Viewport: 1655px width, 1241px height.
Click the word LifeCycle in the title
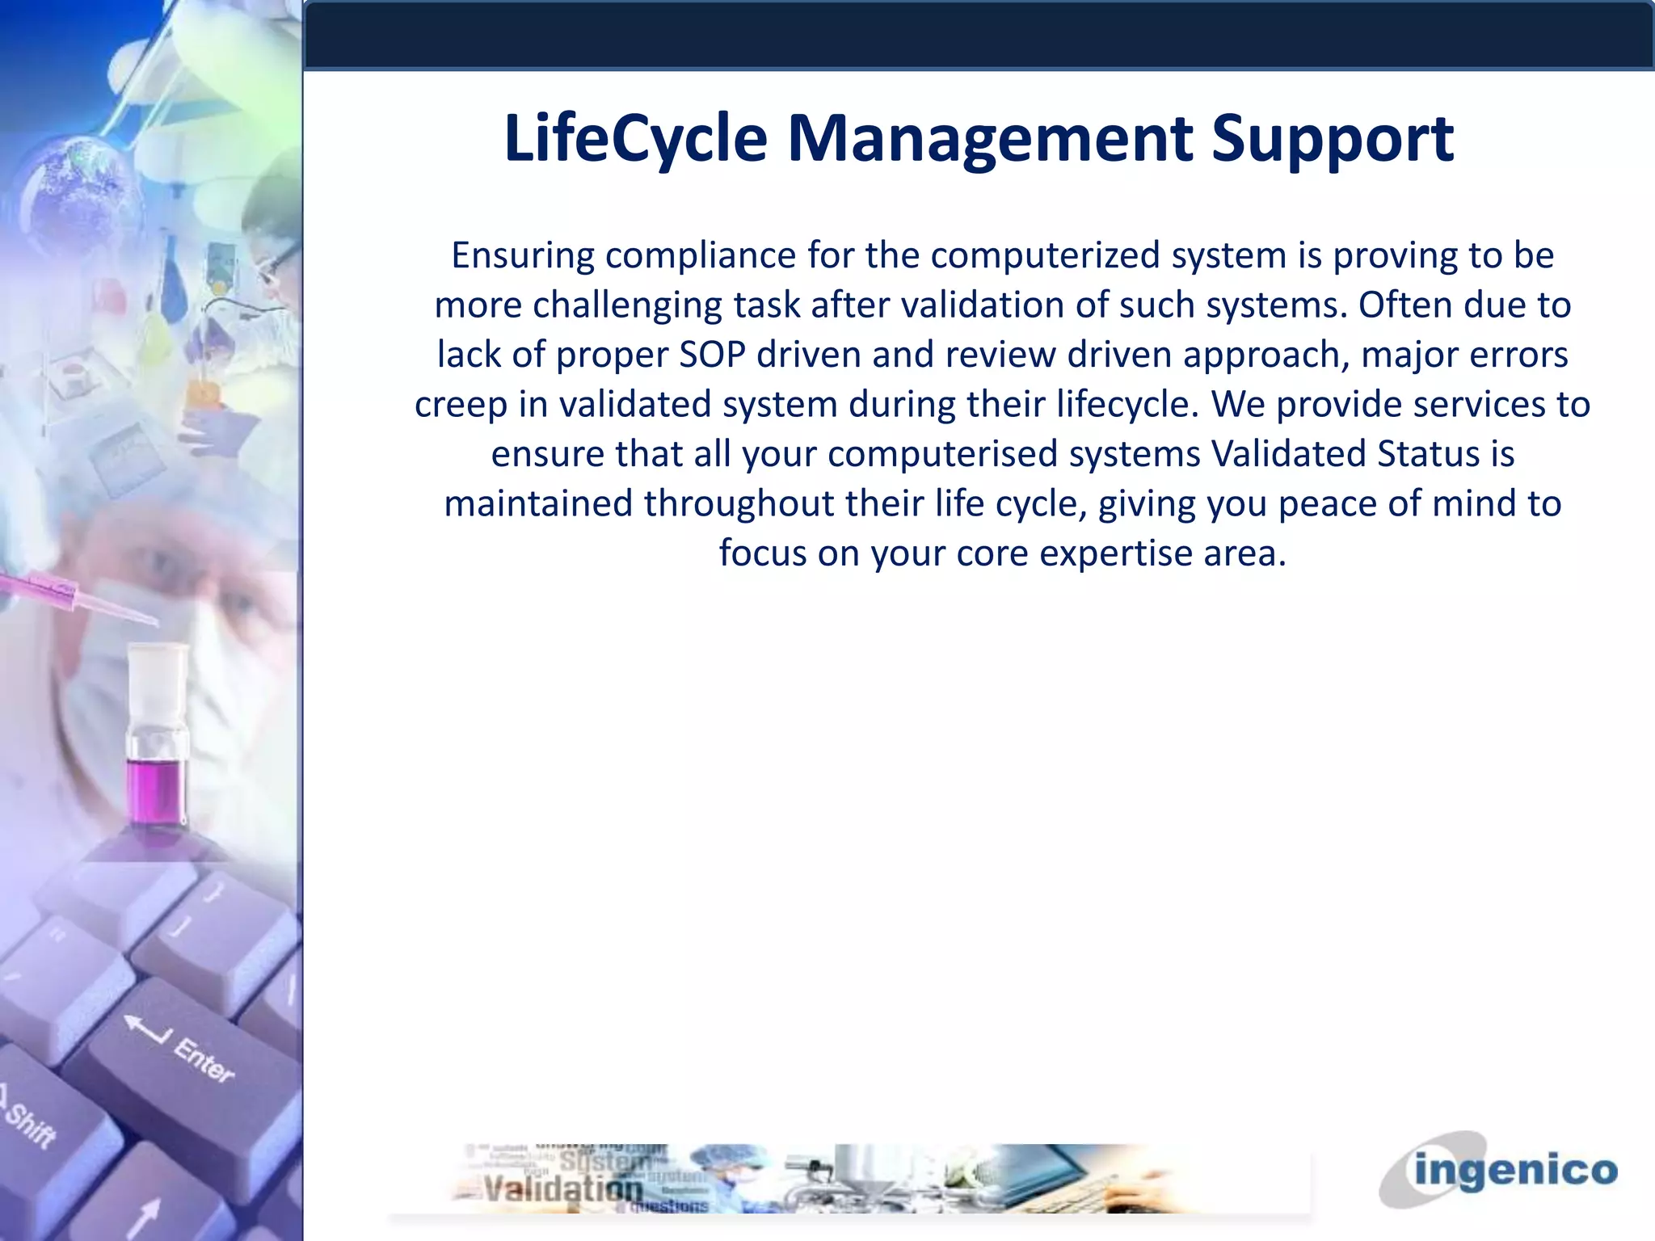point(635,139)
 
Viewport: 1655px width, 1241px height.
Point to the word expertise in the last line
point(1110,553)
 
